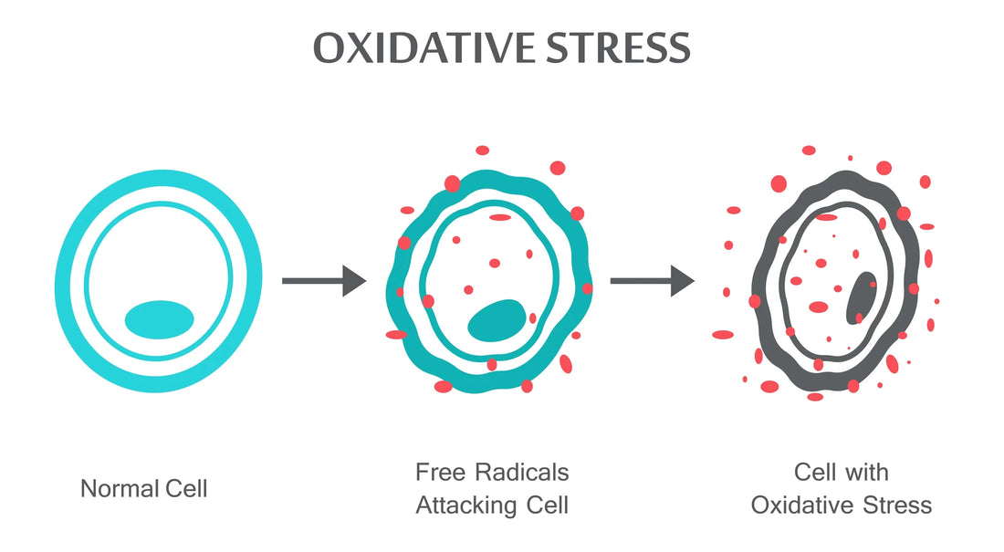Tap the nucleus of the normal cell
click(x=159, y=318)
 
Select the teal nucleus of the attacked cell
click(x=497, y=320)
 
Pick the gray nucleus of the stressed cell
click(x=860, y=297)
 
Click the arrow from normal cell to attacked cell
click(x=323, y=280)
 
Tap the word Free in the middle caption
click(x=438, y=473)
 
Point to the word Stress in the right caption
click(x=896, y=505)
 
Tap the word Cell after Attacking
click(x=545, y=505)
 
